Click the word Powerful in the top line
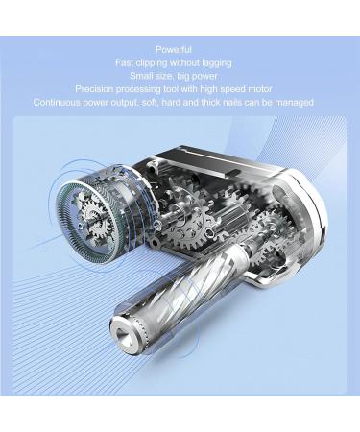173,49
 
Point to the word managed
293,102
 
